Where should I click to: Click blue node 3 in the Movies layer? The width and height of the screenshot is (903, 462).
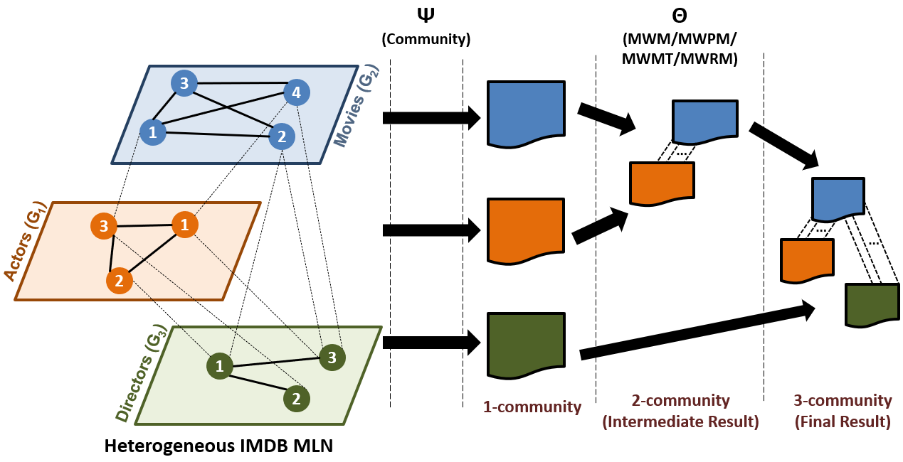coord(184,84)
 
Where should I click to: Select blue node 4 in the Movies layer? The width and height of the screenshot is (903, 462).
coord(297,92)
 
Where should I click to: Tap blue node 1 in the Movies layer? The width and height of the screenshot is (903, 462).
coord(153,132)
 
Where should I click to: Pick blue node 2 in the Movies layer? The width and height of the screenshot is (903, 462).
coord(282,136)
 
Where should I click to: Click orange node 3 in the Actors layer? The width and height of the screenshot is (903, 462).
coord(104,227)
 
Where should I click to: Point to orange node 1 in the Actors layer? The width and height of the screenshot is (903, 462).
coord(185,225)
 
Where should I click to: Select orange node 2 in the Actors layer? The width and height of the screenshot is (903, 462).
coord(119,281)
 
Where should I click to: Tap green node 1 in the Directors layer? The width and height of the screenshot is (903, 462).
coord(220,366)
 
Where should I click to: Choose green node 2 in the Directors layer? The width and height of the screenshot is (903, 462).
coord(297,399)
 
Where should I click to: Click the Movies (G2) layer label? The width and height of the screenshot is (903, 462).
coord(357,106)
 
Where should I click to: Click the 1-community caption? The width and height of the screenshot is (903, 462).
coord(532,407)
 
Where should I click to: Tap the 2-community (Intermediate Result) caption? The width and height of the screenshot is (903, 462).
coord(680,411)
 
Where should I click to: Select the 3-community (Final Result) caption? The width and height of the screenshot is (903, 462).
coord(843,411)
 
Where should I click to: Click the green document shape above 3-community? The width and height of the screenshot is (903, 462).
coord(872,304)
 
